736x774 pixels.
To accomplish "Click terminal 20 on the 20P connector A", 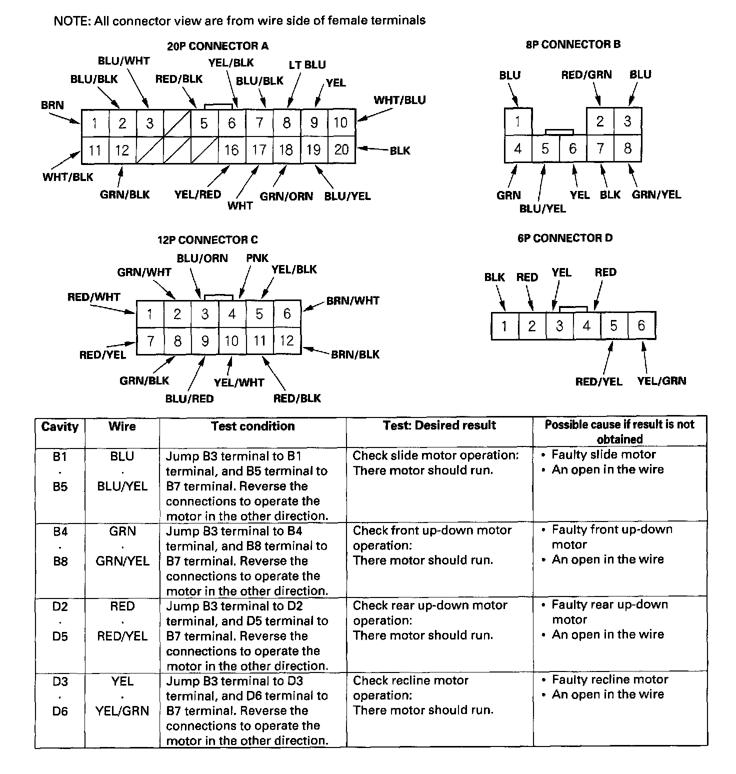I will coord(341,149).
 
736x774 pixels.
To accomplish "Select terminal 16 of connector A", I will coord(231,149).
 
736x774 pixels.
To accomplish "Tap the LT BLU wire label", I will coord(307,64).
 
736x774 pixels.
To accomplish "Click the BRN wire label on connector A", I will coord(52,105).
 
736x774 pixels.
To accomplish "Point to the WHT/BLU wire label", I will coord(399,100).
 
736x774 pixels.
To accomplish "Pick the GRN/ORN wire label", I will coord(286,196).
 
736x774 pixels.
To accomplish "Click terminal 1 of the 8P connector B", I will coord(518,121).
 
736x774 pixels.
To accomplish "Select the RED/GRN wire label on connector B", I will coord(586,75).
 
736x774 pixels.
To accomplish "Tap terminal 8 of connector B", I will coord(627,148).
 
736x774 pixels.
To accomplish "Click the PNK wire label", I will coord(257,258).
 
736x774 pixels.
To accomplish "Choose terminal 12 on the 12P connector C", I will coord(286,341).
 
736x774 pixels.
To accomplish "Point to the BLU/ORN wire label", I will coord(202,258).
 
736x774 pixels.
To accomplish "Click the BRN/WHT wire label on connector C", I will coord(352,301).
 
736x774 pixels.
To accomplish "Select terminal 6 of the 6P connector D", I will coord(641,326).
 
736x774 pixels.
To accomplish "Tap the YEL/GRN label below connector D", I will coord(661,381).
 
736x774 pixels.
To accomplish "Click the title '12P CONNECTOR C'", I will coord(207,240).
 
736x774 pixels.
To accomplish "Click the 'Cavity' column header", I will coord(60,426).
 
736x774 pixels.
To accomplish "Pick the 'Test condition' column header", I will coord(252,426).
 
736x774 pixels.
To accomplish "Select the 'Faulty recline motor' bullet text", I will coord(610,679).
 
